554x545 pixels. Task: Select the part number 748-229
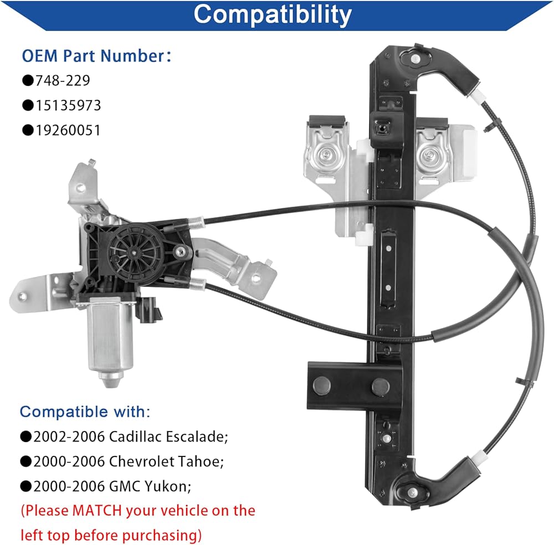coord(62,80)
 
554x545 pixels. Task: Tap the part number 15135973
coord(68,105)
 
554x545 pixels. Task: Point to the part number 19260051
coord(68,130)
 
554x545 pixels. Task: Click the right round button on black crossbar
coord(380,386)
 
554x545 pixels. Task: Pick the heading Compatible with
coord(85,412)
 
